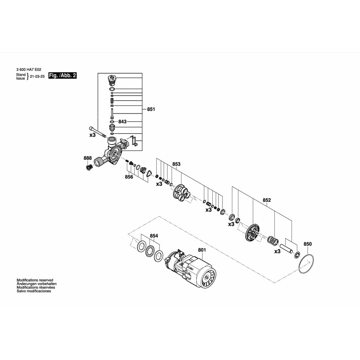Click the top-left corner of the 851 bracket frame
click(x=98, y=73)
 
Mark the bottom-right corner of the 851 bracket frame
click(x=142, y=150)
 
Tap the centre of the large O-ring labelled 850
click(x=306, y=264)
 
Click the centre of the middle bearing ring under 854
click(x=150, y=251)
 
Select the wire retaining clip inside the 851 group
click(x=134, y=141)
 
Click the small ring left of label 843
click(x=112, y=121)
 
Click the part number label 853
click(x=176, y=164)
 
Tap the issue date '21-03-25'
click(x=37, y=76)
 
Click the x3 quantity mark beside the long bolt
click(x=93, y=135)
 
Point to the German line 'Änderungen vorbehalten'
click(x=36, y=284)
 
